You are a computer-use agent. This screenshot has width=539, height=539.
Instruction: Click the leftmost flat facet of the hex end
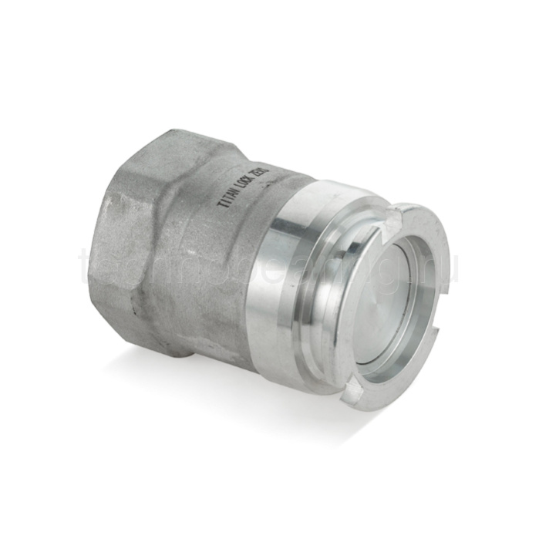108,254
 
